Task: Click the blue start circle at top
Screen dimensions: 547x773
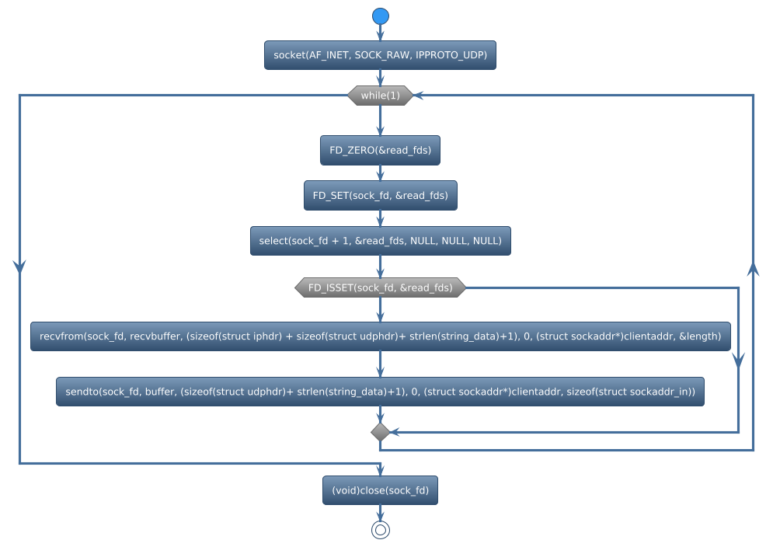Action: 380,16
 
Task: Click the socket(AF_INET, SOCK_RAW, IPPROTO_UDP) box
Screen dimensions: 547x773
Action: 380,55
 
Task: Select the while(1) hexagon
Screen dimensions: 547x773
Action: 380,96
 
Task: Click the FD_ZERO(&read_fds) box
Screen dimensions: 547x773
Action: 380,150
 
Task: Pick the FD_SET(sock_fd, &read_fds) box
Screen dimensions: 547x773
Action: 380,195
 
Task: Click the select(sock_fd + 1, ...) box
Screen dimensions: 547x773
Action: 380,241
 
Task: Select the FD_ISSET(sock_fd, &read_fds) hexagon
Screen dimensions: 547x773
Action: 380,287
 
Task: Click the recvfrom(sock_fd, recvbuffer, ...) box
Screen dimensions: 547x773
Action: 380,336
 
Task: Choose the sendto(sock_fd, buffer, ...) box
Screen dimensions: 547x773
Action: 380,392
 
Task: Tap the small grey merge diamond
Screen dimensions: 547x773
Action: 380,431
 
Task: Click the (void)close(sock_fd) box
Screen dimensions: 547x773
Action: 380,490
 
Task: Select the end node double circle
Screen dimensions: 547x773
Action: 380,530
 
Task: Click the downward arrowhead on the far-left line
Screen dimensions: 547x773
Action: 19,265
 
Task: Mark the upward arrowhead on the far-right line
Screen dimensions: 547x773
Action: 753,269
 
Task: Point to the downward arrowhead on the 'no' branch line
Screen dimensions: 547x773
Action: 739,359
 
